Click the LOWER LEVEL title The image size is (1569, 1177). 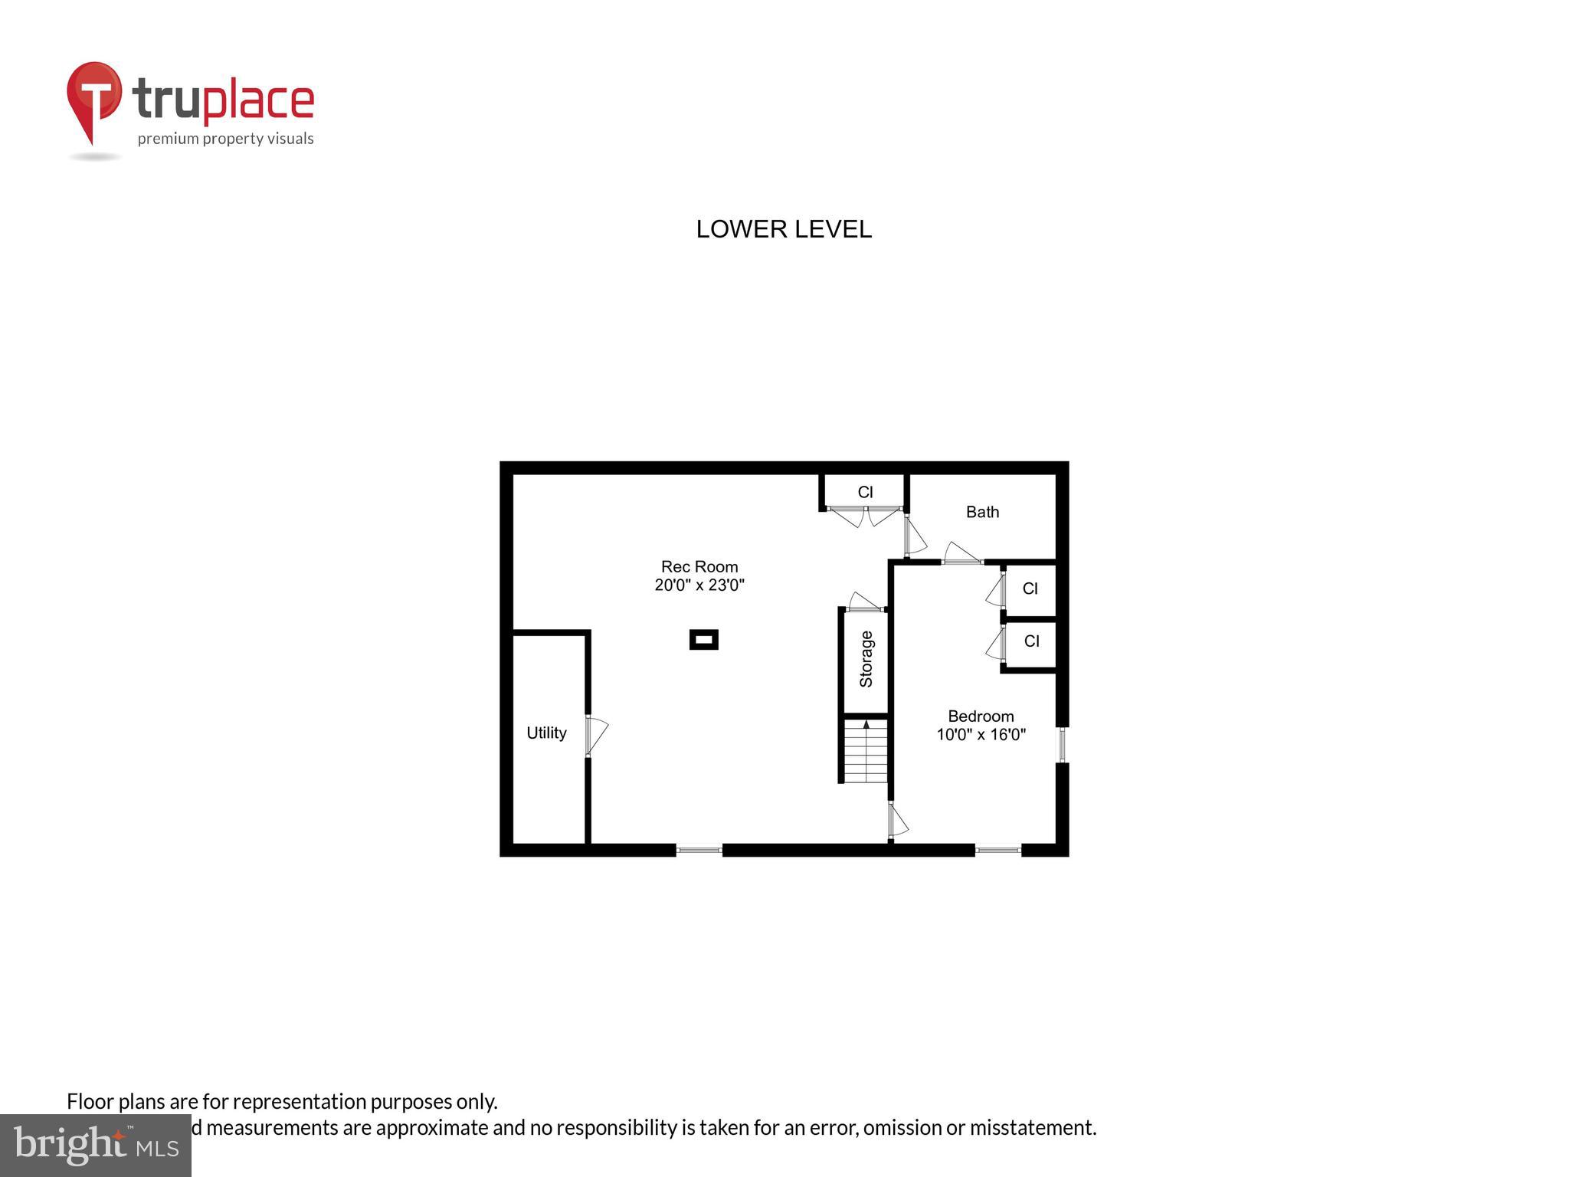[784, 229]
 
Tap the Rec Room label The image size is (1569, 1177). [699, 567]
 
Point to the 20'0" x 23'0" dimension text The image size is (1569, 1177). [699, 585]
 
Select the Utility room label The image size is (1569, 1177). [546, 733]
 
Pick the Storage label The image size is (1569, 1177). [866, 659]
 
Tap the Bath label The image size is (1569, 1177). [982, 512]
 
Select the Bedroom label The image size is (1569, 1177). [981, 716]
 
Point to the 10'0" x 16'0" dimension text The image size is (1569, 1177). [981, 735]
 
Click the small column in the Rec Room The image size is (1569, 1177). [704, 639]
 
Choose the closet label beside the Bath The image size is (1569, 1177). [865, 492]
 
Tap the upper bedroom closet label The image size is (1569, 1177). [1030, 588]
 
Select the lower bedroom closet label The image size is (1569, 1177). [1031, 641]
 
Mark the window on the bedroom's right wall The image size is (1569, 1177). [1062, 744]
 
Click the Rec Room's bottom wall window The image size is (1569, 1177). [699, 849]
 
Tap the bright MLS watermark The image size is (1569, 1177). [95, 1145]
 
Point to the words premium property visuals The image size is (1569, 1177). [225, 139]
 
